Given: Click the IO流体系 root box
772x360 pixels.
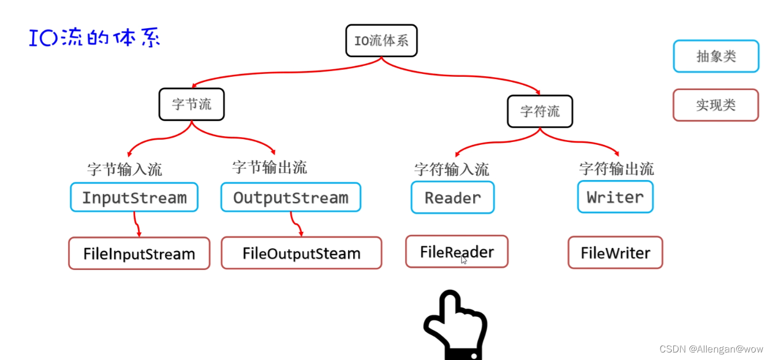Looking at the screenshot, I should click(x=381, y=40).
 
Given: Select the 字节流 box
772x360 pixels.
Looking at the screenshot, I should click(x=192, y=104).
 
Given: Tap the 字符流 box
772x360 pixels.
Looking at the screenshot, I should click(x=539, y=111).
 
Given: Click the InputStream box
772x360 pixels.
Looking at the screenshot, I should click(x=134, y=198).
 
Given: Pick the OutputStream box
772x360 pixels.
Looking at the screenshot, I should click(x=291, y=198).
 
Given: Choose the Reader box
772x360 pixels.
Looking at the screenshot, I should click(x=452, y=198).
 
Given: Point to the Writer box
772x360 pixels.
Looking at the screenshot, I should click(x=615, y=197).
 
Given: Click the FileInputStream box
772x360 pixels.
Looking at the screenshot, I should click(x=139, y=253).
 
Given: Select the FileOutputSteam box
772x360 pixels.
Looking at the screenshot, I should click(x=301, y=253).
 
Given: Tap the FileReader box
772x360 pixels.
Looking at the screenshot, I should click(x=456, y=252).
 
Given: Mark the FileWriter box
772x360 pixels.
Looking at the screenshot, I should click(x=615, y=253).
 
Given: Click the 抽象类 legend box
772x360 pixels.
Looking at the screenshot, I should click(x=715, y=56).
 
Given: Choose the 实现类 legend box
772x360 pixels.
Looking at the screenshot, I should click(x=715, y=105).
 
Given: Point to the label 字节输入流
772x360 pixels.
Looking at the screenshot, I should click(x=125, y=169).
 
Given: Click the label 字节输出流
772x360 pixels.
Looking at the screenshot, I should click(x=269, y=167).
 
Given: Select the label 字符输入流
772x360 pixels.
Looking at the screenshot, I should click(x=451, y=169).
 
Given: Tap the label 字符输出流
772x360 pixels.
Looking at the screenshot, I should click(x=616, y=168).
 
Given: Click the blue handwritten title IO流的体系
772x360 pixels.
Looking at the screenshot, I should click(x=95, y=38).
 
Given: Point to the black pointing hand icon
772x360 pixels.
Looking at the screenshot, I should click(x=455, y=323).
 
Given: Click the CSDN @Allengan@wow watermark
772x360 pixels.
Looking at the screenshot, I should click(x=711, y=349).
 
